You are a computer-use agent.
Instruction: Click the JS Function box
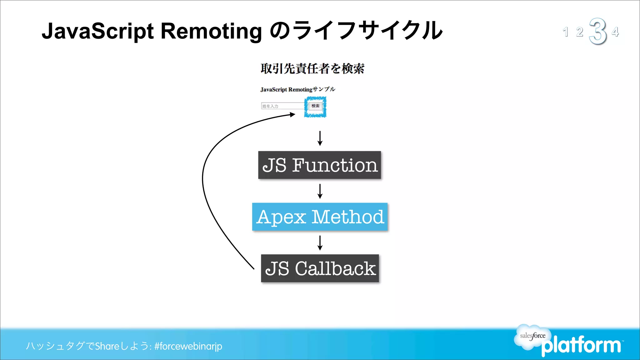click(x=319, y=165)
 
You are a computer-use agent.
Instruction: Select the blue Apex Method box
click(x=320, y=217)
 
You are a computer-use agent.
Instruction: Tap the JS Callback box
click(x=320, y=268)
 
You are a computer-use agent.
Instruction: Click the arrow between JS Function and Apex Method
click(x=320, y=191)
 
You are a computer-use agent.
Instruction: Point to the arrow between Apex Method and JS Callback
click(x=320, y=243)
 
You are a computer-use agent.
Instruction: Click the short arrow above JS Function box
click(x=320, y=138)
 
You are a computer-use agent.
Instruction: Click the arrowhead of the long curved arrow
click(x=292, y=115)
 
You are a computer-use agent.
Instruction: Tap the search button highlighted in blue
click(x=315, y=106)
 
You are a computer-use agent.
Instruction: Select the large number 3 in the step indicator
click(x=597, y=31)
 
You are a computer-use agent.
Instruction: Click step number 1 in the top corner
click(x=565, y=32)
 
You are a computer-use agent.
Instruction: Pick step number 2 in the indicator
click(x=580, y=32)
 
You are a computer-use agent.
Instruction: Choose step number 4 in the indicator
click(x=615, y=32)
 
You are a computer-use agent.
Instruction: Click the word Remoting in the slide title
click(x=211, y=31)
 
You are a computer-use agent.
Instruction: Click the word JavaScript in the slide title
click(x=98, y=31)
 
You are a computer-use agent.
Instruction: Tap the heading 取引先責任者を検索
click(x=312, y=69)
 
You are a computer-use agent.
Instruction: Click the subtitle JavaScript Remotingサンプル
click(x=297, y=89)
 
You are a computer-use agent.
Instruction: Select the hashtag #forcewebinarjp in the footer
click(x=188, y=346)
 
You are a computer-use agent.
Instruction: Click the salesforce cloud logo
click(x=532, y=336)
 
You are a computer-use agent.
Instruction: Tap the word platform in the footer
click(x=581, y=346)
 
